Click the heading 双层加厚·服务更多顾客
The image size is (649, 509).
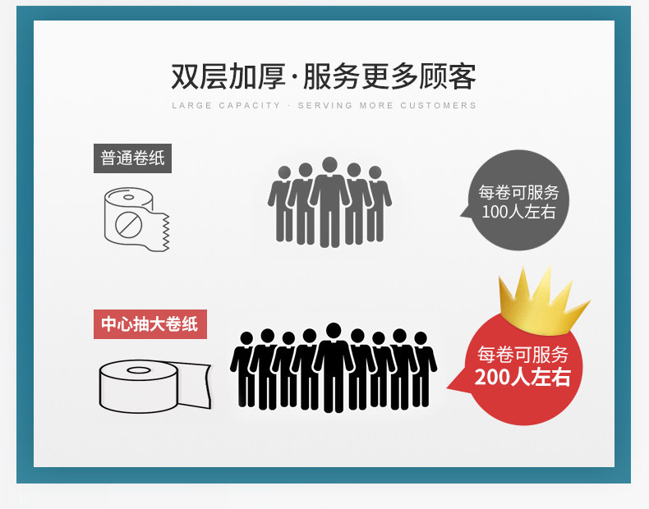pos(324,76)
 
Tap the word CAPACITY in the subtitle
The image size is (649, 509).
pos(250,106)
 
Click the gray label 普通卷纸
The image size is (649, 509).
pos(132,158)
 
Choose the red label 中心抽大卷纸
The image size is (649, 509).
pos(150,324)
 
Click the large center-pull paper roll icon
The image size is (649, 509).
pos(152,386)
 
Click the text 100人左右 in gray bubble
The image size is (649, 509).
pos(518,212)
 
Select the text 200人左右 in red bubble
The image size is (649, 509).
pos(522,378)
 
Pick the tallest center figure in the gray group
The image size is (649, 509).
pos(329,201)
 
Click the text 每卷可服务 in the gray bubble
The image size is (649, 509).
pos(518,193)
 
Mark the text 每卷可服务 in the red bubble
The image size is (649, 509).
pos(522,355)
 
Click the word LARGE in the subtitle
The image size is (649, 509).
pos(191,106)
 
